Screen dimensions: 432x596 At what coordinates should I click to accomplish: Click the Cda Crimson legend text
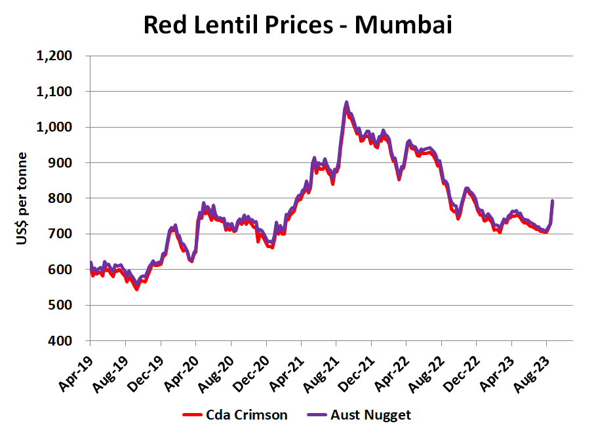(x=247, y=414)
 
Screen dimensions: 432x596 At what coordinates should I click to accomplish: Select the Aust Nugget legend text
(x=370, y=414)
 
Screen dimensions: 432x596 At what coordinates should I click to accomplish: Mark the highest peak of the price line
(x=346, y=103)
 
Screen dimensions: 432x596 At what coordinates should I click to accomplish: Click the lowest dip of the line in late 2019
(x=136, y=289)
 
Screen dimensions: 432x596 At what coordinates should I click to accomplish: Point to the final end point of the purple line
(x=553, y=201)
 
